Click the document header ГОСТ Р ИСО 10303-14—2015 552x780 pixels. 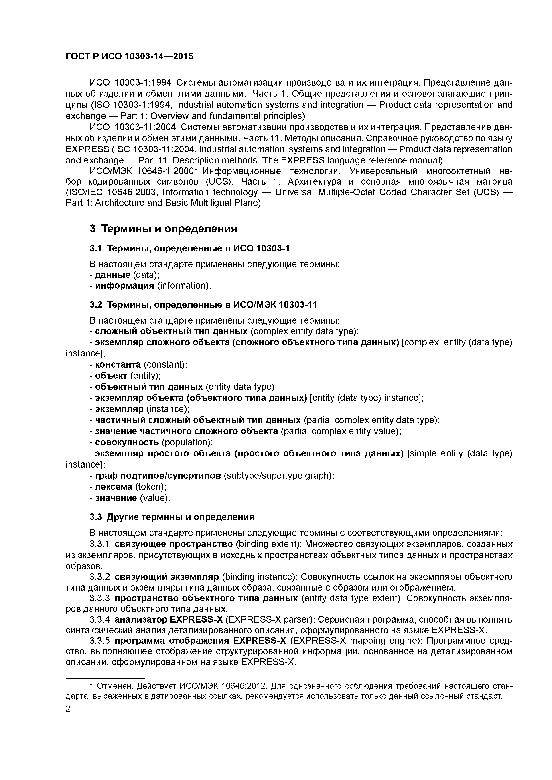tap(129, 56)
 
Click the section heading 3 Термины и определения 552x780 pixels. tap(163, 229)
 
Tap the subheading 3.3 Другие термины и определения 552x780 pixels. tap(172, 517)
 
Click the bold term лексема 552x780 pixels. tap(114, 487)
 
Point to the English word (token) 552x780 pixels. tap(151, 487)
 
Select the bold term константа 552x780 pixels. tap(118, 364)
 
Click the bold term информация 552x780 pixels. tap(124, 286)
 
